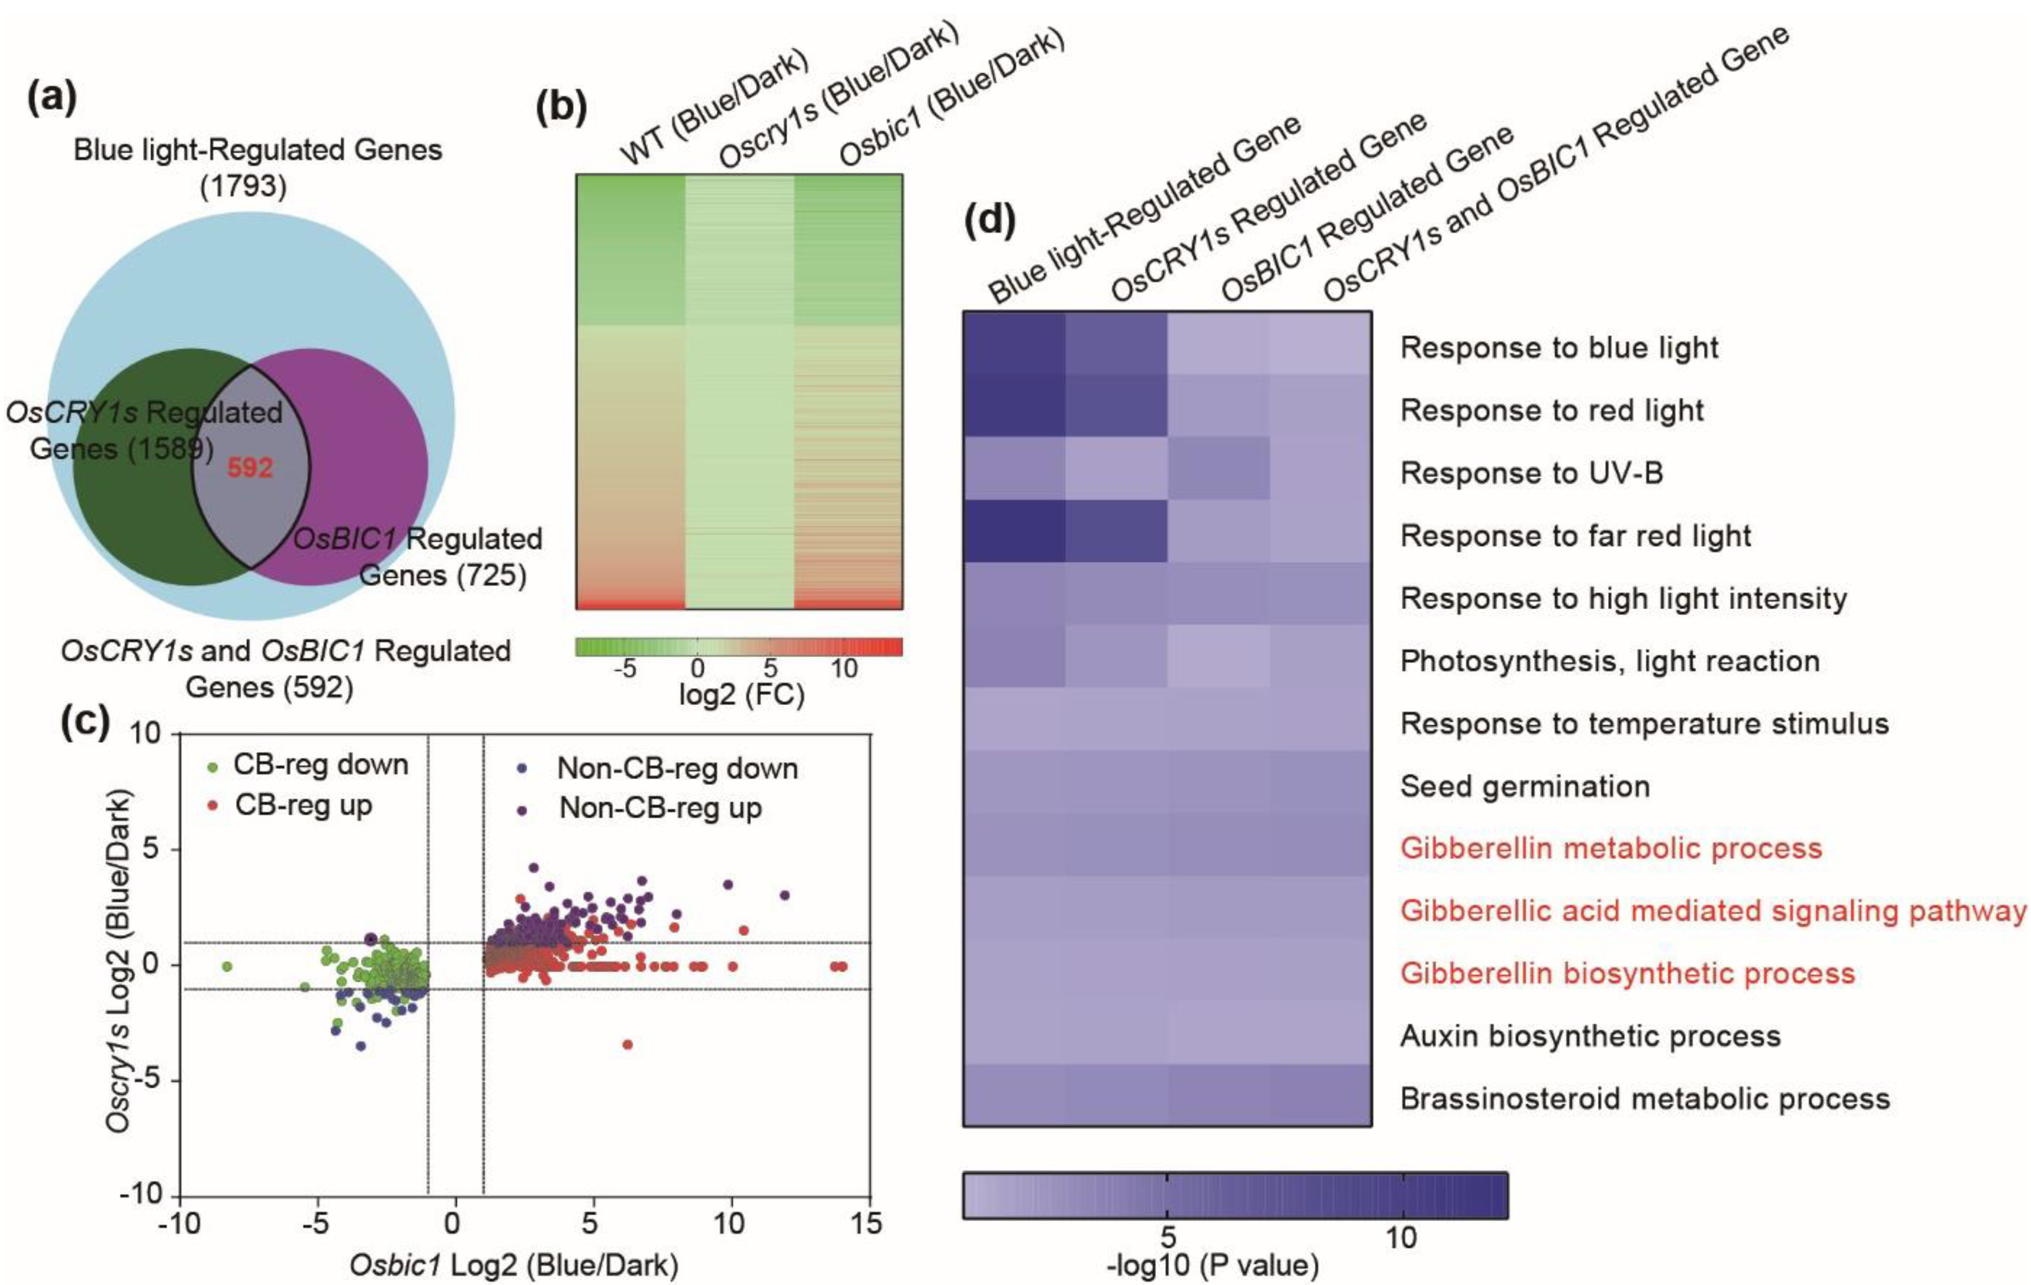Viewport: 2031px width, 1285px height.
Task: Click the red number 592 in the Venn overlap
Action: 250,467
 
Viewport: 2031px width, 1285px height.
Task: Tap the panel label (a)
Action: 52,98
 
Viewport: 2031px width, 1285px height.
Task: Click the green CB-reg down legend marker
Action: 213,767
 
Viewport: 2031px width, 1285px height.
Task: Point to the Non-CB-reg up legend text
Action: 660,808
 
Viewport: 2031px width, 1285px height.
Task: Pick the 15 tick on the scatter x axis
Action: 867,1223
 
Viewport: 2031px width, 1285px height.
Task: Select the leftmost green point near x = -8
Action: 226,966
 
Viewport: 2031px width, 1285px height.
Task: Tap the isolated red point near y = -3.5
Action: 627,1045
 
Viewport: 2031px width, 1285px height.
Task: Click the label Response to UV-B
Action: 1532,473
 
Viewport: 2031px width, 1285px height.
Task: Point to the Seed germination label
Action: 1525,786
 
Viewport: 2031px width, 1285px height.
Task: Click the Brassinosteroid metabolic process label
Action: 1645,1099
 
